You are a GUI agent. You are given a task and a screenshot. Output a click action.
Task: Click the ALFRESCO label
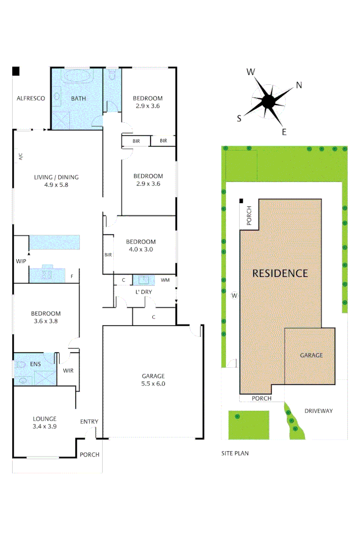pyautogui.click(x=31, y=99)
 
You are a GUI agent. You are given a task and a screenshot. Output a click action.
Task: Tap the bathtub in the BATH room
pyautogui.click(x=77, y=77)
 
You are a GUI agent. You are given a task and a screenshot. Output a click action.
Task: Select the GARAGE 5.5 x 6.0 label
pyautogui.click(x=153, y=380)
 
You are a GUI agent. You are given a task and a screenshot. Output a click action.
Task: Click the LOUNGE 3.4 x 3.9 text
pyautogui.click(x=44, y=422)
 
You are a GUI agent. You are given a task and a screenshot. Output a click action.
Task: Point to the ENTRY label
pyautogui.click(x=89, y=422)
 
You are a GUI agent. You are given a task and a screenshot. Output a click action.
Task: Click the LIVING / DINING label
pyautogui.click(x=56, y=181)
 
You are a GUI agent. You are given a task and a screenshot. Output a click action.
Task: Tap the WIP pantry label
pyautogui.click(x=21, y=261)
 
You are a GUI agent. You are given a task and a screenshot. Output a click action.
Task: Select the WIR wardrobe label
pyautogui.click(x=68, y=370)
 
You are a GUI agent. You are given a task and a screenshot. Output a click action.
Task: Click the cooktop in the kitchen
pyautogui.click(x=47, y=275)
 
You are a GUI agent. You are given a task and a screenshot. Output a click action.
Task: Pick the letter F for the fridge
pyautogui.click(x=72, y=277)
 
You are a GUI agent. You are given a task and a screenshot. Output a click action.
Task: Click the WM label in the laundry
pyautogui.click(x=165, y=280)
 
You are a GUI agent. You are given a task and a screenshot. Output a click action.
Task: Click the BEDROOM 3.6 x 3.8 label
pyautogui.click(x=46, y=317)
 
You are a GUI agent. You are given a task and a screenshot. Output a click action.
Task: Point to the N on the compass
pyautogui.click(x=299, y=85)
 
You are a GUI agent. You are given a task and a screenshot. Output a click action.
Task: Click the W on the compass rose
pyautogui.click(x=250, y=72)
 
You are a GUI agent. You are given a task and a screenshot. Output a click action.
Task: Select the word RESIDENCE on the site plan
pyautogui.click(x=280, y=273)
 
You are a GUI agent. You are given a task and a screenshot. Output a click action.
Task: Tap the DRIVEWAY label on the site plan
pyautogui.click(x=319, y=411)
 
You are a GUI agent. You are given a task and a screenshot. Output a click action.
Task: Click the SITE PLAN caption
pyautogui.click(x=235, y=453)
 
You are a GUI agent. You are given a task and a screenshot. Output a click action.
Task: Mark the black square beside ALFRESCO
pyautogui.click(x=16, y=71)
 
